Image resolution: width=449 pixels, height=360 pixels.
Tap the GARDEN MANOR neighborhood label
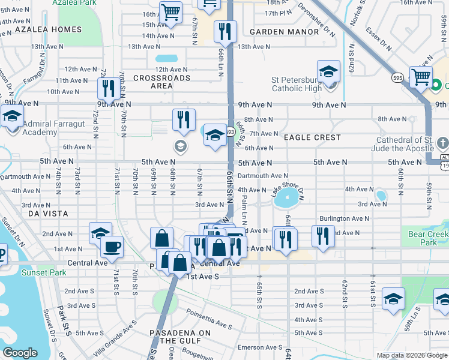pyautogui.click(x=284, y=32)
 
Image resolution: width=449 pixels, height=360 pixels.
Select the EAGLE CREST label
pyautogui.click(x=312, y=137)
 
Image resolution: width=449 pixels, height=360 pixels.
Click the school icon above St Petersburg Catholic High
pyautogui.click(x=328, y=71)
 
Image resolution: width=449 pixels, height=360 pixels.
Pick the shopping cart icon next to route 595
pyautogui.click(x=421, y=77)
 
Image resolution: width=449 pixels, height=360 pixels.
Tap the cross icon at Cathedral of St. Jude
pyautogui.click(x=442, y=143)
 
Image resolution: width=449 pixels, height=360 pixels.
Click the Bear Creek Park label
pyautogui.click(x=429, y=239)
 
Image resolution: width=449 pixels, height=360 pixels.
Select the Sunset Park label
pyautogui.click(x=40, y=272)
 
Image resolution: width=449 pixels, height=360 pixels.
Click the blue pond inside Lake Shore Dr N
pyautogui.click(x=287, y=197)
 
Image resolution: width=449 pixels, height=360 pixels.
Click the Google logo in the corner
pyautogui.click(x=20, y=353)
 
